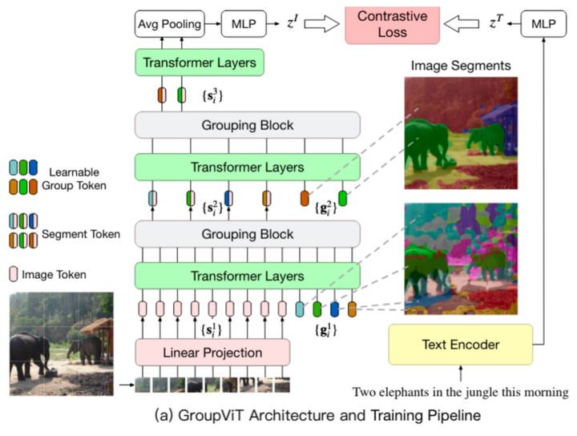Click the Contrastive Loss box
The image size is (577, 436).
pyautogui.click(x=393, y=24)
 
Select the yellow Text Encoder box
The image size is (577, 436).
pyautogui.click(x=461, y=345)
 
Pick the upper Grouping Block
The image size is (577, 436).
pyautogui.click(x=248, y=126)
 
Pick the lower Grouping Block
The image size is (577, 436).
pyautogui.click(x=248, y=234)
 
